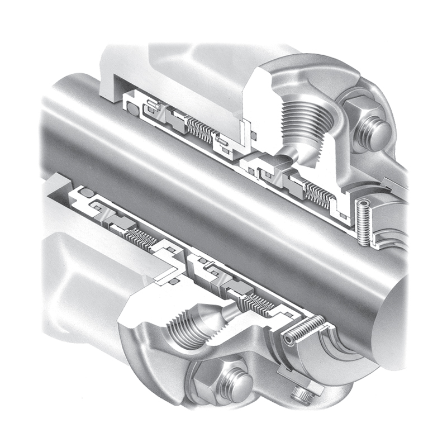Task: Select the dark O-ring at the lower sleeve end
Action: [87, 193]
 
